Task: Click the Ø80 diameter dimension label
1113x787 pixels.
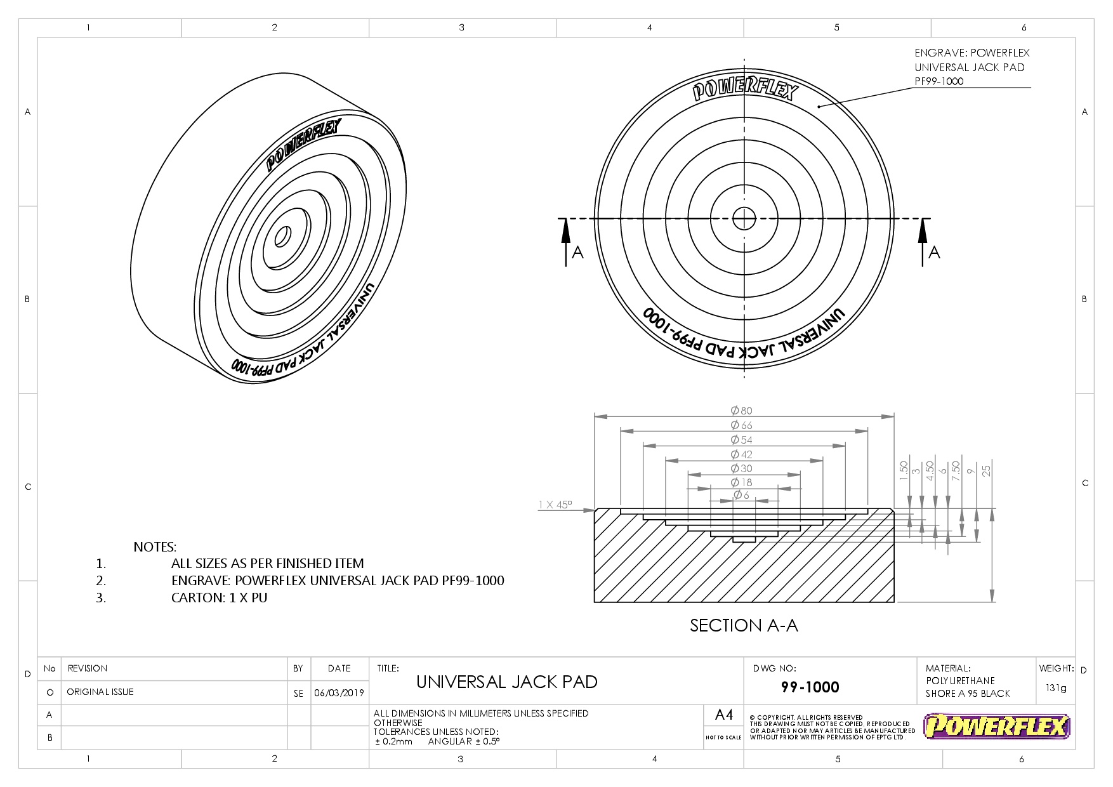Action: pos(741,411)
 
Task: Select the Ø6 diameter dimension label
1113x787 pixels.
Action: pos(741,495)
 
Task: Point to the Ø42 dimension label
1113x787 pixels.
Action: pos(741,454)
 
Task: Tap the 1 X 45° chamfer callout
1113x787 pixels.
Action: pos(555,505)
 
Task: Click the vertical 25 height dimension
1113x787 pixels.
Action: pos(986,470)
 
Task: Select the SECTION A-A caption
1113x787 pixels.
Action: pos(744,626)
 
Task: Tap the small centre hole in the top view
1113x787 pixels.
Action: pos(744,219)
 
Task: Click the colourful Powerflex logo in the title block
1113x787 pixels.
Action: pos(997,727)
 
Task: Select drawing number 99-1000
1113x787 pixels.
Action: pos(810,687)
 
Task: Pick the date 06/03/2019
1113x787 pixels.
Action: pos(339,693)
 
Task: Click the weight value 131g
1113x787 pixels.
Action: pos(1056,688)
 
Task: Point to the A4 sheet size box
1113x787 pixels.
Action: pos(723,715)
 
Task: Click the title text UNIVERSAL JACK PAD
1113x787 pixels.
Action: pos(507,682)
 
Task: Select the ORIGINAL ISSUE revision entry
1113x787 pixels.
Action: pos(100,692)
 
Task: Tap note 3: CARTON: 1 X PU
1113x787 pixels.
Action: pos(219,598)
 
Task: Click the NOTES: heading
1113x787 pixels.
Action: pos(155,547)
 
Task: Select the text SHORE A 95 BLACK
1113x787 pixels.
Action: pos(967,694)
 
